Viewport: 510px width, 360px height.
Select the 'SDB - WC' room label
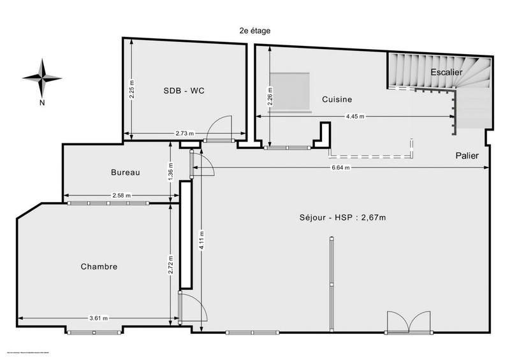(184, 90)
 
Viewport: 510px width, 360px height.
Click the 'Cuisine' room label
(337, 99)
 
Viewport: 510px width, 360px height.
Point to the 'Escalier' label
(446, 72)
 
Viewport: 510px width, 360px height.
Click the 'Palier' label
(467, 155)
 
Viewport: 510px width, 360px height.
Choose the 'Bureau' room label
(125, 172)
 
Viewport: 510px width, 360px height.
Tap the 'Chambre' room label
(99, 266)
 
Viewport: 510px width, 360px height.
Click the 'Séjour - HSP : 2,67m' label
(343, 217)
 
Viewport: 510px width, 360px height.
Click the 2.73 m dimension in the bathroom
(185, 134)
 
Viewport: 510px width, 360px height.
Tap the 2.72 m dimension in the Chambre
(170, 261)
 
